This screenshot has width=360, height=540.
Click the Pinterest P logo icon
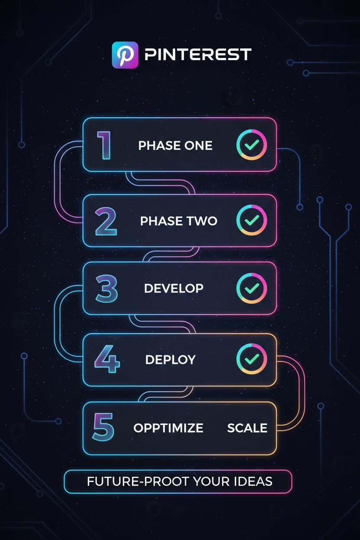tap(125, 55)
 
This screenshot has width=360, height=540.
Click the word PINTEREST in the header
tap(198, 54)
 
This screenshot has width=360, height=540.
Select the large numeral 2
tap(106, 221)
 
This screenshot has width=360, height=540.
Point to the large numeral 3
tap(106, 289)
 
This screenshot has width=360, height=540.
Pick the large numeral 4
tap(107, 359)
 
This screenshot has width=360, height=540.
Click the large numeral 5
tap(103, 427)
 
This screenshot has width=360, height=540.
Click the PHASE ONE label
tap(175, 146)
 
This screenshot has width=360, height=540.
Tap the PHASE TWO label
tap(179, 221)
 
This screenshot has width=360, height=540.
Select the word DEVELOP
tap(174, 288)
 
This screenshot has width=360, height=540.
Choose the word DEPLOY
tap(170, 360)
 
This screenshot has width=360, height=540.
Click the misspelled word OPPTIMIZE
tap(168, 428)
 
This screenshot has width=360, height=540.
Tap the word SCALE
tap(247, 428)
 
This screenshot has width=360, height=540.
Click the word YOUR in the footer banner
tap(212, 482)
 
